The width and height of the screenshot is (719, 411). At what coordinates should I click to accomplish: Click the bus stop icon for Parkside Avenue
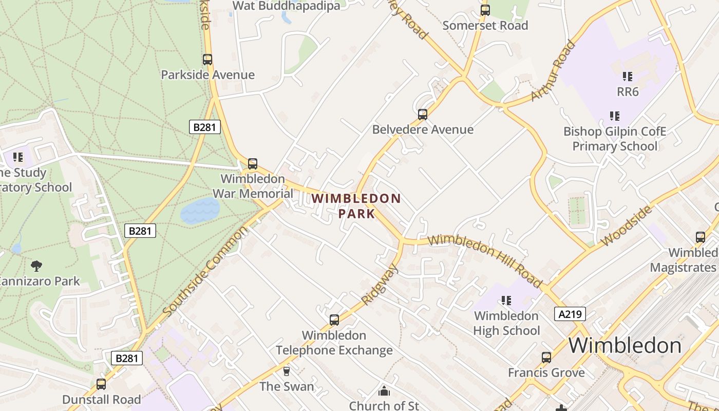click(207, 60)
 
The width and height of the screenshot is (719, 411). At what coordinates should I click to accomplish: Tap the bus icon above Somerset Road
click(485, 10)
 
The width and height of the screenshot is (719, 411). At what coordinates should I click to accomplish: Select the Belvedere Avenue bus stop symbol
click(423, 114)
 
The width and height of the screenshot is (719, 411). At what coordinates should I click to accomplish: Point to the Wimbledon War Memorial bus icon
click(253, 164)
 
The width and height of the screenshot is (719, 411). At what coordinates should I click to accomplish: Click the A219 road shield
click(570, 314)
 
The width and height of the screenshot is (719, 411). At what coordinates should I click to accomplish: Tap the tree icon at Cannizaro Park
click(36, 266)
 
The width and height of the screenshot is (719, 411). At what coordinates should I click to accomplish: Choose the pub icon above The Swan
click(287, 371)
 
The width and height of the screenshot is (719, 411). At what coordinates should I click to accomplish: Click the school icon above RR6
click(627, 77)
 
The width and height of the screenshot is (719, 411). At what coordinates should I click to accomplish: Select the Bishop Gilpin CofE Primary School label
click(615, 139)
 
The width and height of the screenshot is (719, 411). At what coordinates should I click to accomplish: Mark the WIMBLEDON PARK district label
click(356, 206)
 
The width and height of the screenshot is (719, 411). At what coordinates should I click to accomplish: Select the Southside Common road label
click(205, 272)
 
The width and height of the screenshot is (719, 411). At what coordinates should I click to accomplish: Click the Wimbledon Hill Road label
click(484, 260)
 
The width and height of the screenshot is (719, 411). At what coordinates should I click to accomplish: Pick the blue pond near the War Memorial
click(200, 211)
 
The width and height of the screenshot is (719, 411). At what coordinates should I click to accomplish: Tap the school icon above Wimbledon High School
click(506, 300)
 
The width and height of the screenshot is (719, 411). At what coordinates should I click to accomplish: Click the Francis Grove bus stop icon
click(546, 357)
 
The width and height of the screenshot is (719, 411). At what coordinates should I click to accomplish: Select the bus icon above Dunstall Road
click(101, 384)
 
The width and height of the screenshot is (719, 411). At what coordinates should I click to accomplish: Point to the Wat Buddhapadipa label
click(287, 6)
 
